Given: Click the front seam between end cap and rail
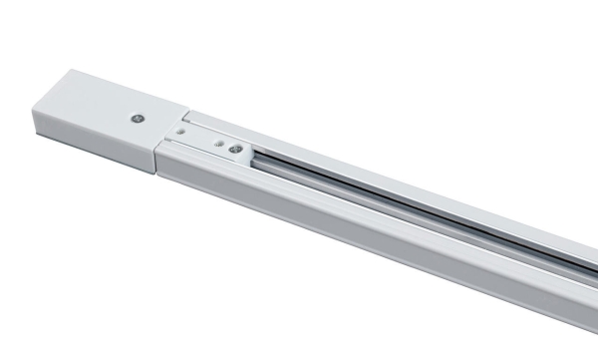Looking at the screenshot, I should [160, 160].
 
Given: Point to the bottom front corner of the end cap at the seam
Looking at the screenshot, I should [159, 176].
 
